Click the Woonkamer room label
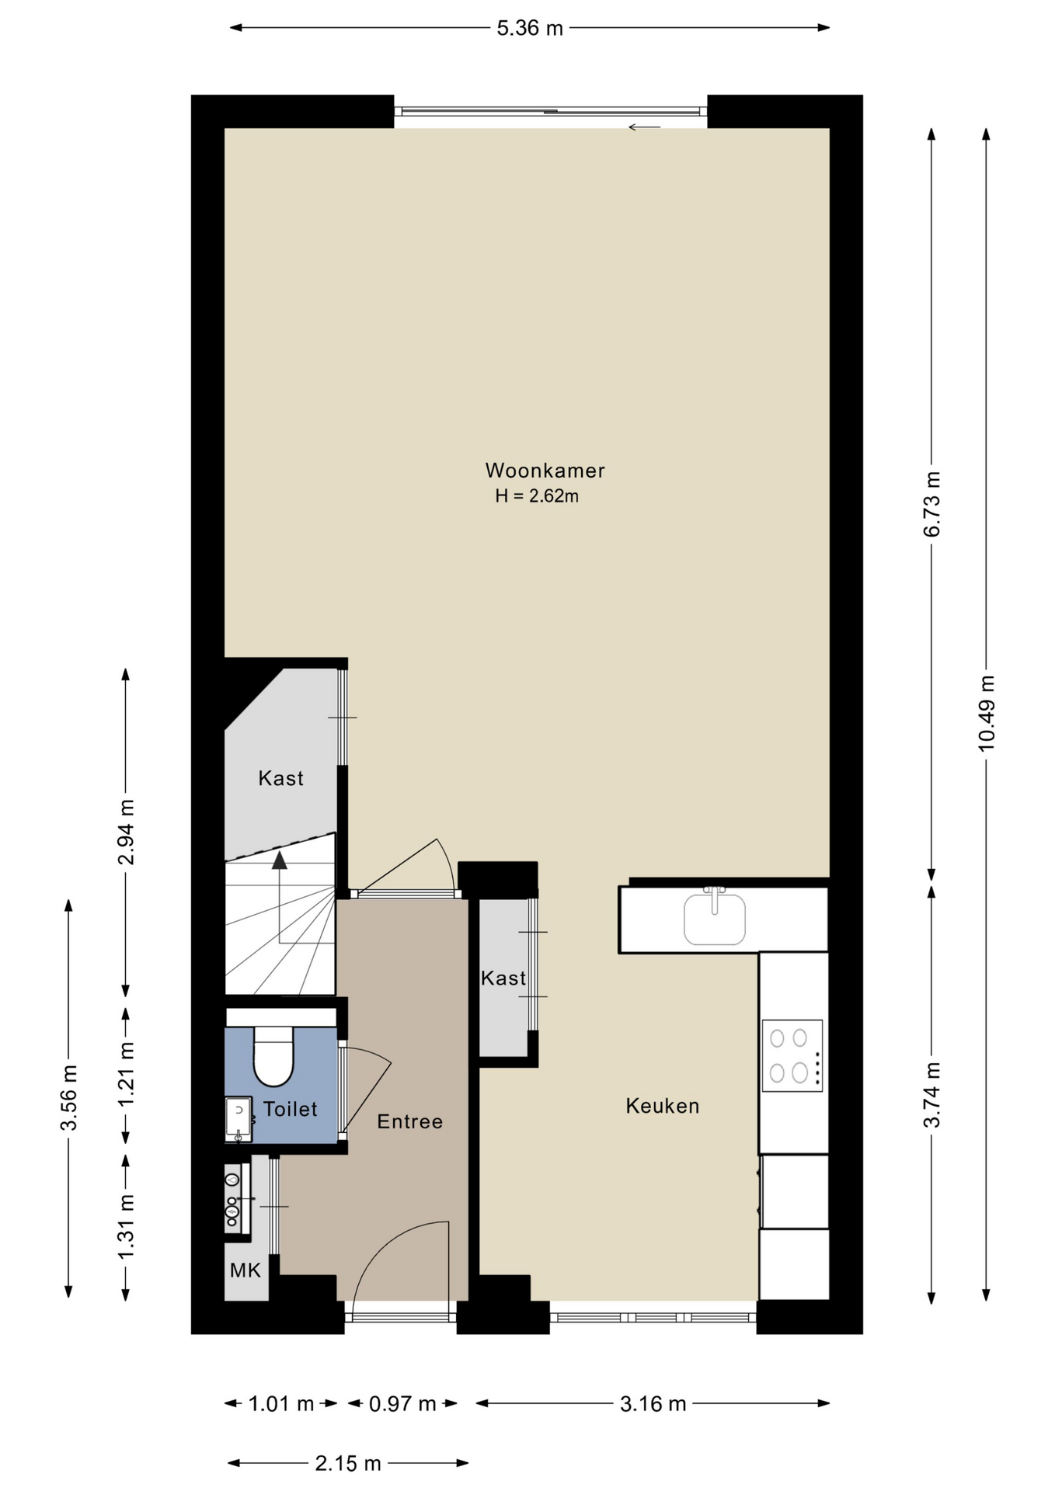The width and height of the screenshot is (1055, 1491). [545, 471]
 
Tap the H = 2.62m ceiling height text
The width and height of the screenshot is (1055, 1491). [537, 496]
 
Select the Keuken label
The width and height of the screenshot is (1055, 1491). [663, 1106]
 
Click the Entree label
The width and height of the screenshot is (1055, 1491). [410, 1121]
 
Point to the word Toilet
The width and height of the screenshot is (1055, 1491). [291, 1109]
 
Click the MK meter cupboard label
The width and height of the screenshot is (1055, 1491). [245, 1270]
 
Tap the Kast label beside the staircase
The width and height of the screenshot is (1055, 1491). [281, 778]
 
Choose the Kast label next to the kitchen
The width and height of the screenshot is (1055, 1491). [503, 978]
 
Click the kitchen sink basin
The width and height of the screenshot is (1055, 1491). [715, 919]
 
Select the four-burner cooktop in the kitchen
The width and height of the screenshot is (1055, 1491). [792, 1055]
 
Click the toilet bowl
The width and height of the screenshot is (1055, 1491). [273, 1056]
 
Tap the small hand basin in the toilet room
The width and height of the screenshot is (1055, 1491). [239, 1119]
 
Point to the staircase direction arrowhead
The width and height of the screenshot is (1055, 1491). [279, 859]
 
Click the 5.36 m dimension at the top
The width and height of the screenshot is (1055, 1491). [530, 29]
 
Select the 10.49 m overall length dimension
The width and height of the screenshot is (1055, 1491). [987, 713]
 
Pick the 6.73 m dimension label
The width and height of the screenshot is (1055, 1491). [932, 504]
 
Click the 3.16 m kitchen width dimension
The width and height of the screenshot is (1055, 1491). [653, 1404]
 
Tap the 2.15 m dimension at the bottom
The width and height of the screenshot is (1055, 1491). [348, 1464]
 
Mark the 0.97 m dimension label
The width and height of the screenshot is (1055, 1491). [402, 1404]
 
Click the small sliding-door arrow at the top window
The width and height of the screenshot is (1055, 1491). [644, 127]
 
